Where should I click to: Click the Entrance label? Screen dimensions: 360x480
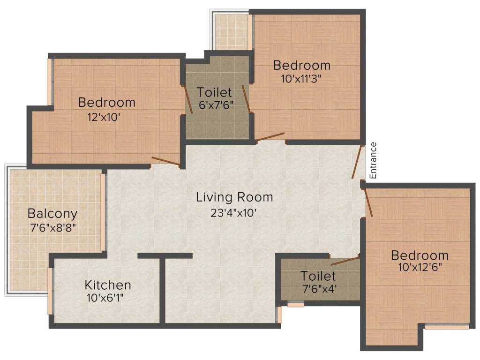tap(373, 160)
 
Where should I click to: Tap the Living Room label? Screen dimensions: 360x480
tap(234, 197)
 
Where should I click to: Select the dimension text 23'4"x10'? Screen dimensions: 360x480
tap(234, 212)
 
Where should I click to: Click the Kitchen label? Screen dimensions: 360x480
tap(108, 285)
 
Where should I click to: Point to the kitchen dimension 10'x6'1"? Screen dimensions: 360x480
tap(108, 297)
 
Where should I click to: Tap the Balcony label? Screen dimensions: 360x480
tap(52, 214)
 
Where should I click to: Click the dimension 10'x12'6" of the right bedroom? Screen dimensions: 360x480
tap(419, 268)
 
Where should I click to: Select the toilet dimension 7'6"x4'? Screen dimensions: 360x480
tap(318, 288)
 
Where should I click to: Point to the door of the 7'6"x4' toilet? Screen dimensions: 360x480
tap(345, 261)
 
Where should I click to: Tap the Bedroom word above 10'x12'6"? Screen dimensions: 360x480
tap(420, 255)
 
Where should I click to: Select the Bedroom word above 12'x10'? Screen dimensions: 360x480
tap(107, 102)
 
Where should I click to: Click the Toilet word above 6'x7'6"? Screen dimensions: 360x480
tap(214, 92)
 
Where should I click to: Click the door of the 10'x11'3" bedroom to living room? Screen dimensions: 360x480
tap(270, 137)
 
